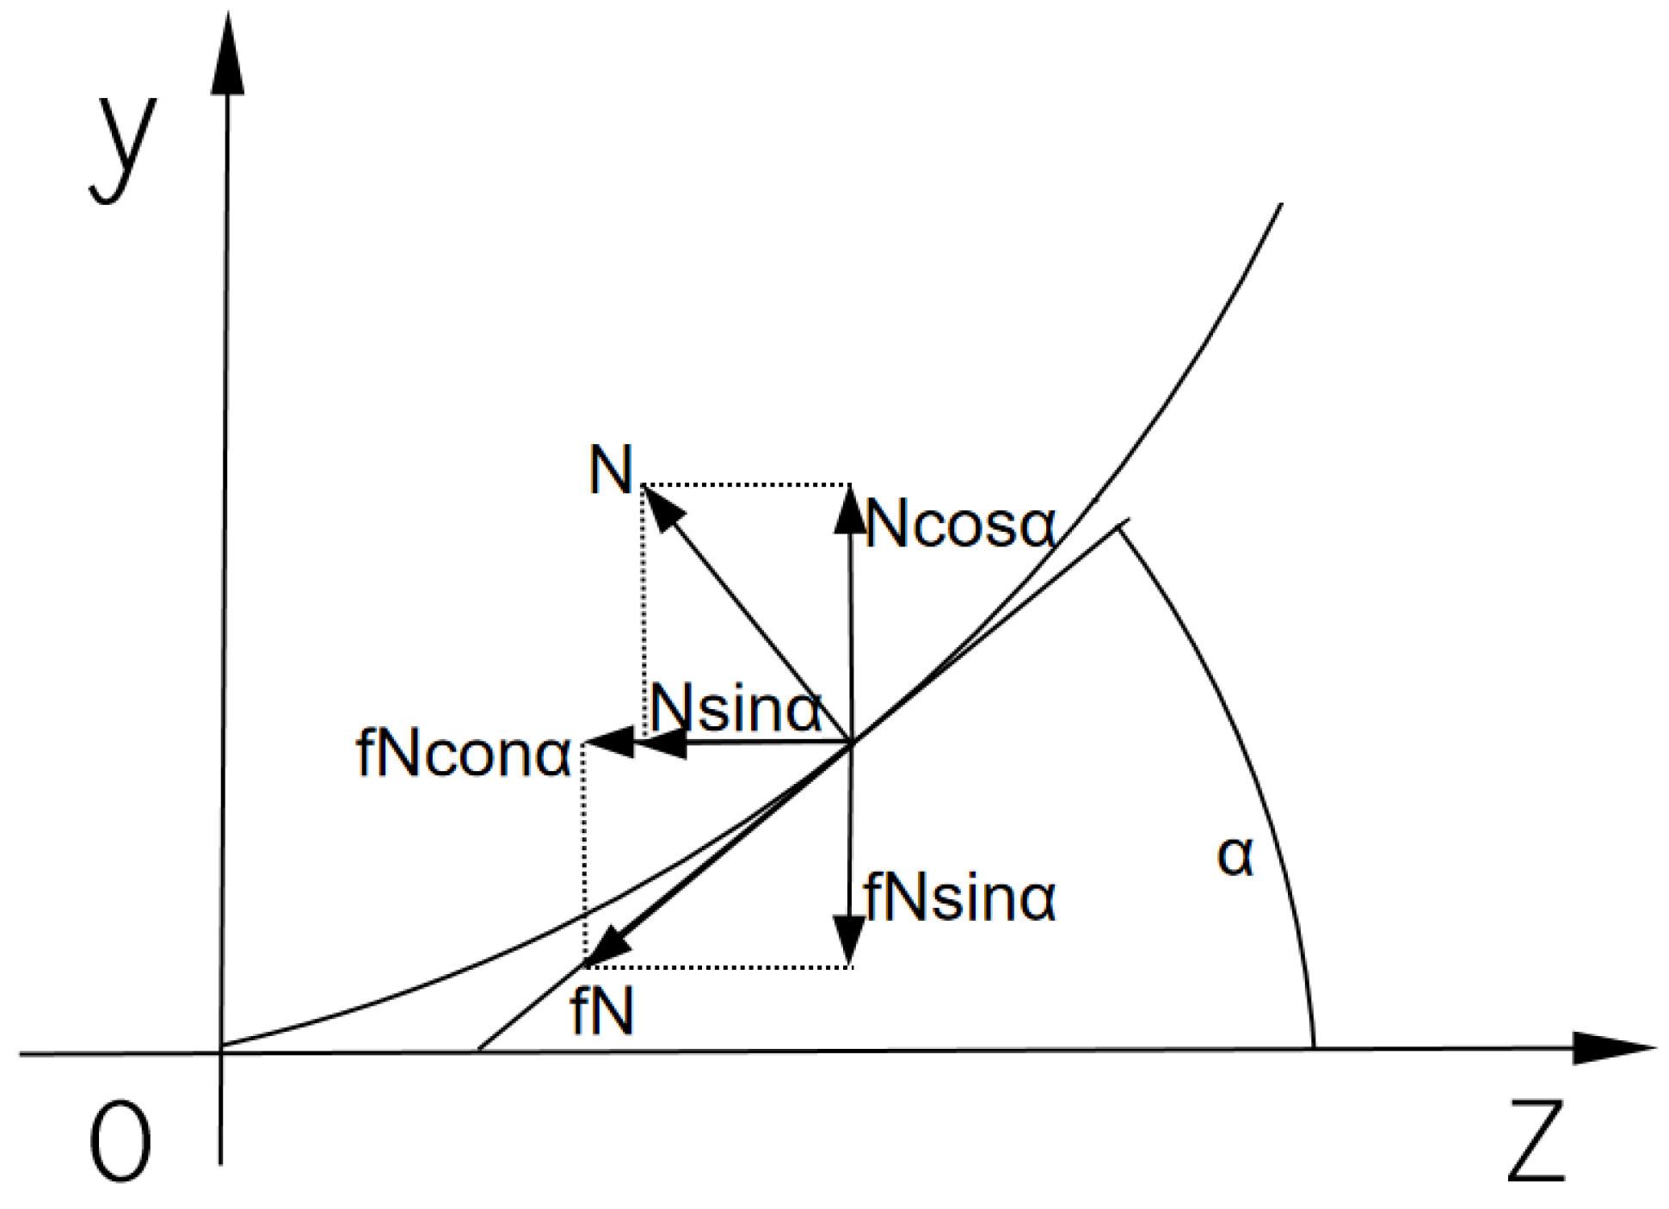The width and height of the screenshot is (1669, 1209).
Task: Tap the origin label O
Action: click(120, 1141)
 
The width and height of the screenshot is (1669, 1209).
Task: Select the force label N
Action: click(611, 470)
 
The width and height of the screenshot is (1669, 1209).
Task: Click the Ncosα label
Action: click(960, 524)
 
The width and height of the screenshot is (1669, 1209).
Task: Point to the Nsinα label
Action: click(736, 710)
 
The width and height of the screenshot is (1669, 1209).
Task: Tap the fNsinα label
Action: click(960, 898)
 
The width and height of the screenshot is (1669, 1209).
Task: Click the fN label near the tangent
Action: click(602, 1012)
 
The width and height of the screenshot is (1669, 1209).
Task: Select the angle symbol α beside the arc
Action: click(1235, 856)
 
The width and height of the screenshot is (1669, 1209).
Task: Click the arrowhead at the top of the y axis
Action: click(228, 56)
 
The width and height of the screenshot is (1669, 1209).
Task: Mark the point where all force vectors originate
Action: click(851, 742)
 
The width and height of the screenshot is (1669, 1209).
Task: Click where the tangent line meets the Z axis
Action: click(479, 1050)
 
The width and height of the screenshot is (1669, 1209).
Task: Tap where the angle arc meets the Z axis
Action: click(1314, 1048)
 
